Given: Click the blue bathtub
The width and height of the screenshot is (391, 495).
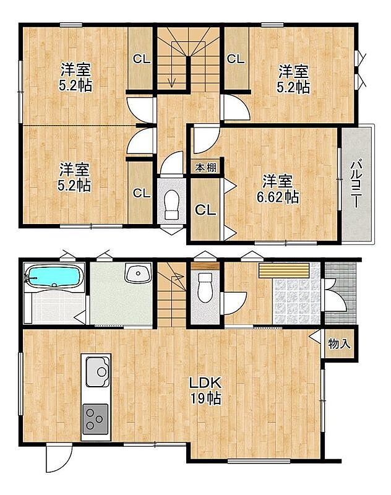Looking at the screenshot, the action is tap(53, 276).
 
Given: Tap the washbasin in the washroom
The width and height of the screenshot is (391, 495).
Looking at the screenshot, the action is tap(138, 272).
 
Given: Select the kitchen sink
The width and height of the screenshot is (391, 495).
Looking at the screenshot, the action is tap(98, 372).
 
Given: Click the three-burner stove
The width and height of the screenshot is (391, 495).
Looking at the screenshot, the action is tap(95, 419).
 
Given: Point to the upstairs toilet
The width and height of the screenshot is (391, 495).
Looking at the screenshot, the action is tap(171, 205).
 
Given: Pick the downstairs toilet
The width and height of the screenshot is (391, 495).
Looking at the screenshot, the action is tap(205, 287).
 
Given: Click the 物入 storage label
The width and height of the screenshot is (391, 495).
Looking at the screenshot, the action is tap(339, 343).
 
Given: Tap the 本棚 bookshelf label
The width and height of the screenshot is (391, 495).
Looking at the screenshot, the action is tap(205, 168).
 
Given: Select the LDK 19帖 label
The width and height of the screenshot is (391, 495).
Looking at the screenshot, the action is tap(205, 390).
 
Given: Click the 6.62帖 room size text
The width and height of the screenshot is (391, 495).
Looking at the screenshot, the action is tap(278, 197).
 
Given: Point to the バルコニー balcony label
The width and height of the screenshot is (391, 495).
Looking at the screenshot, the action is tap(356, 184).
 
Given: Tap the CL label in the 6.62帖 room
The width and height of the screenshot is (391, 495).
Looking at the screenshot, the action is tap(205, 210).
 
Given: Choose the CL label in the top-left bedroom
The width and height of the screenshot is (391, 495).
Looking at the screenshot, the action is tap(142, 59).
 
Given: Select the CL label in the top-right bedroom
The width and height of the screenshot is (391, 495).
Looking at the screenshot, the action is tap(236, 59).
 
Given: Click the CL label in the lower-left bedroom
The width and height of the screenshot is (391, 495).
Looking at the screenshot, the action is tap(142, 193).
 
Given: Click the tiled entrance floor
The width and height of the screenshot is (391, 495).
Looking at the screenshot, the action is tap(296, 301).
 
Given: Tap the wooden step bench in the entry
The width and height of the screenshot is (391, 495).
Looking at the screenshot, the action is tap(284, 270).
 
